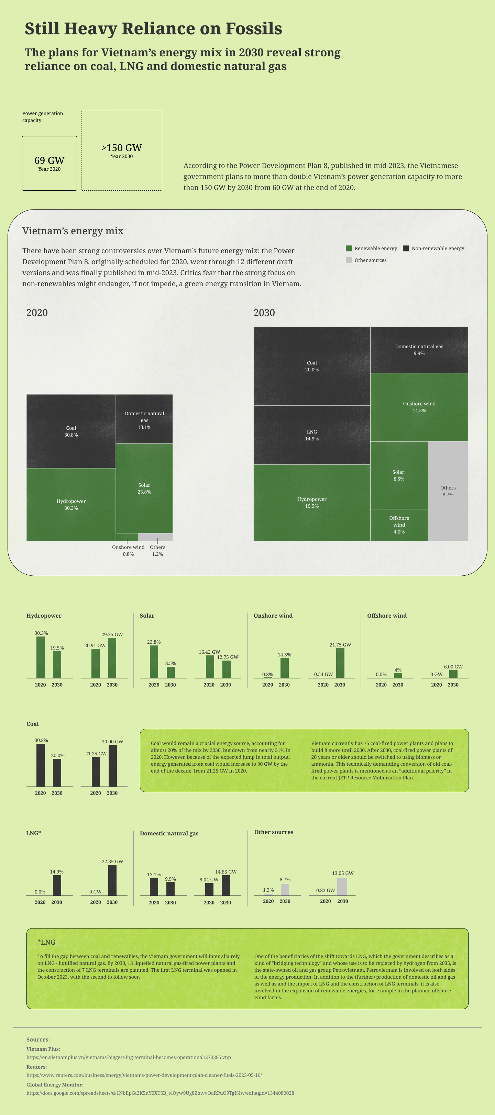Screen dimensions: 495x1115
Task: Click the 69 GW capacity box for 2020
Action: tap(49, 163)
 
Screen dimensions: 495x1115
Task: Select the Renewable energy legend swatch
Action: tap(349, 248)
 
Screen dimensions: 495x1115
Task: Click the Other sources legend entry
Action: tap(366, 260)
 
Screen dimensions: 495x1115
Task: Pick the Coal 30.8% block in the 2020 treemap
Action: tap(71, 431)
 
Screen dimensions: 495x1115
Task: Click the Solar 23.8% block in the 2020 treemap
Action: tap(144, 488)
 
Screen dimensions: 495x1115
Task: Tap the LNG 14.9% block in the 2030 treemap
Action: tap(312, 435)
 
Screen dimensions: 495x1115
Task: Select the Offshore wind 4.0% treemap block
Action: tap(399, 525)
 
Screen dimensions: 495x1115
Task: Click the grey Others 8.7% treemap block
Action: tap(448, 491)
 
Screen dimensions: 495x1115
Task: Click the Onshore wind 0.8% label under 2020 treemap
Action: tap(128, 551)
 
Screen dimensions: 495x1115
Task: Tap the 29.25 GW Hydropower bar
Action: tap(112, 658)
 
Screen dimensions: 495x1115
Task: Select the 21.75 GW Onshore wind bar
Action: tap(340, 663)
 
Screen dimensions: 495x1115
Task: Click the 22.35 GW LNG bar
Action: tap(112, 880)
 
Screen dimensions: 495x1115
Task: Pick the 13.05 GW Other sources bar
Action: tap(342, 887)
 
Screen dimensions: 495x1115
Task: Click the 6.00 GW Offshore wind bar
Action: tap(453, 674)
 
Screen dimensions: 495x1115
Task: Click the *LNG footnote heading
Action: tap(46, 942)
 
